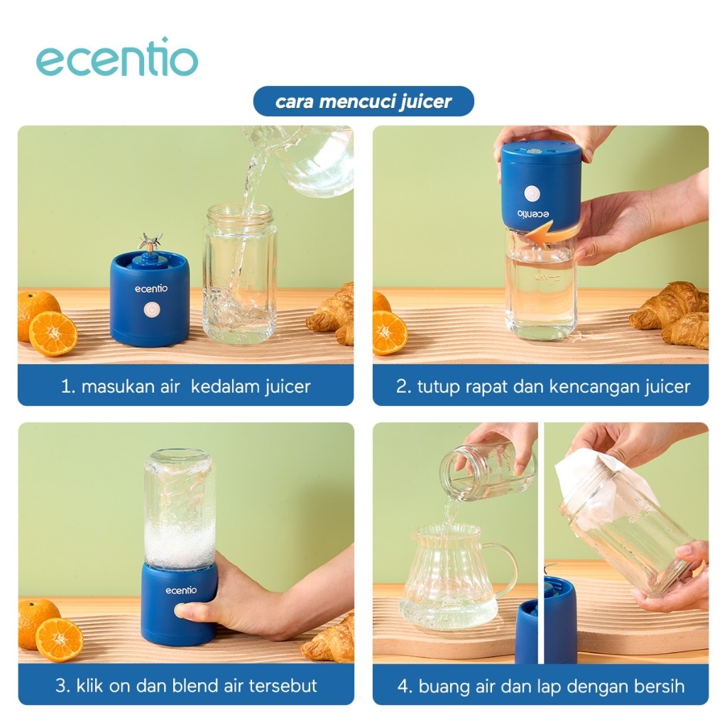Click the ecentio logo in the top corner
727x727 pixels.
(117, 58)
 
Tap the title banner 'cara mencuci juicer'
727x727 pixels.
(363, 101)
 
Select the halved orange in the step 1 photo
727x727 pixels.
(53, 334)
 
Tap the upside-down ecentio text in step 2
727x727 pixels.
(533, 214)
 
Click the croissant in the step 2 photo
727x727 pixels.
(670, 315)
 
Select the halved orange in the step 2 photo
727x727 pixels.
(390, 333)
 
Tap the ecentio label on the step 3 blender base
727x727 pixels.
(181, 590)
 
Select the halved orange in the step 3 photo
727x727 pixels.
(60, 640)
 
